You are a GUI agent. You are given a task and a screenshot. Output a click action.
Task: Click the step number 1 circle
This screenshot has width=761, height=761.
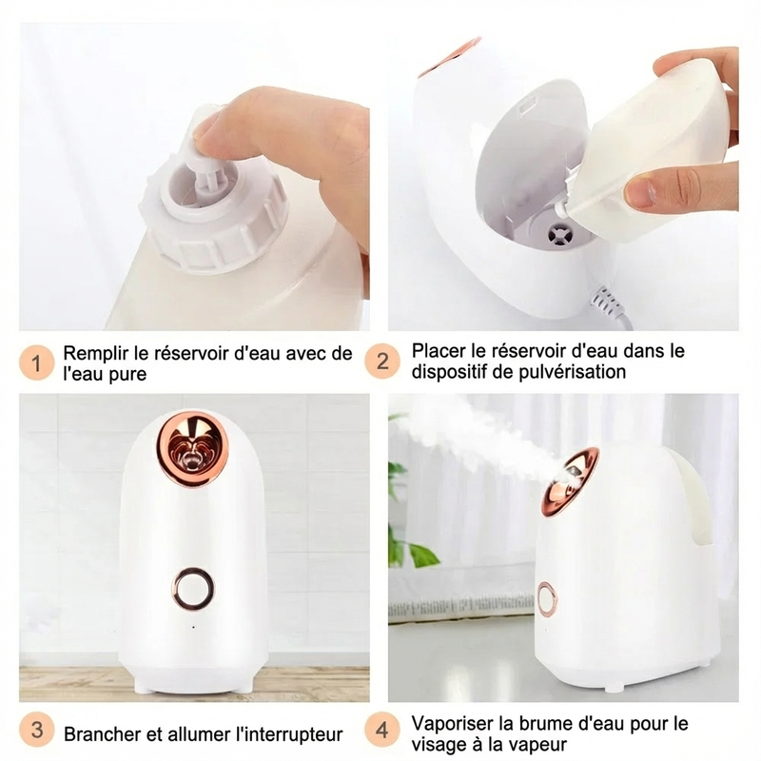pyautogui.click(x=36, y=362)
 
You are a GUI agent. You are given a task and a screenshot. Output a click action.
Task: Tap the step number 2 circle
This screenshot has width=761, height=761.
pyautogui.click(x=383, y=361)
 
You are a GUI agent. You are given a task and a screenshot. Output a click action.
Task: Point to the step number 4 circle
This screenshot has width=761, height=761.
pyautogui.click(x=383, y=732)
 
